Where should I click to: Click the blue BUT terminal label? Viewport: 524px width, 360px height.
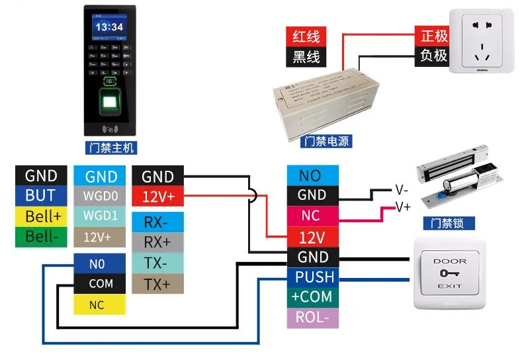tap(40, 196)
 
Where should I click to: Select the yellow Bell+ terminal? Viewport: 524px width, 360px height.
tap(40, 216)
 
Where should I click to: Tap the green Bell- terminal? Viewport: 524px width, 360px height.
tap(40, 236)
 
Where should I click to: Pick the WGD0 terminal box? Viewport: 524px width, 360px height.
tap(101, 196)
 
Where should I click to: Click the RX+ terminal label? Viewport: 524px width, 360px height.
tap(157, 242)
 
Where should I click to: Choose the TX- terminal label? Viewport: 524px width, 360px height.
tap(157, 263)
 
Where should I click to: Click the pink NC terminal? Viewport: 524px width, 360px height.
tap(312, 216)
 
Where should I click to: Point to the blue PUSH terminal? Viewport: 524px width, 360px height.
tap(312, 277)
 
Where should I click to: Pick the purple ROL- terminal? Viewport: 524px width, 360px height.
tap(312, 317)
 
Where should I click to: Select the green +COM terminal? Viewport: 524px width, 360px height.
tap(312, 297)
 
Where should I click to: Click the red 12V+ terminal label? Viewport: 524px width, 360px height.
tap(157, 196)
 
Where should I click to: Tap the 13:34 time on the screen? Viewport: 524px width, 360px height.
tap(109, 27)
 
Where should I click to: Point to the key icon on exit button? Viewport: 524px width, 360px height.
tap(449, 272)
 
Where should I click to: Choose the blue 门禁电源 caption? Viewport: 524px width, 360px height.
tap(326, 142)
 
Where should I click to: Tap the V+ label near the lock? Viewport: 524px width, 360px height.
tap(403, 207)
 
